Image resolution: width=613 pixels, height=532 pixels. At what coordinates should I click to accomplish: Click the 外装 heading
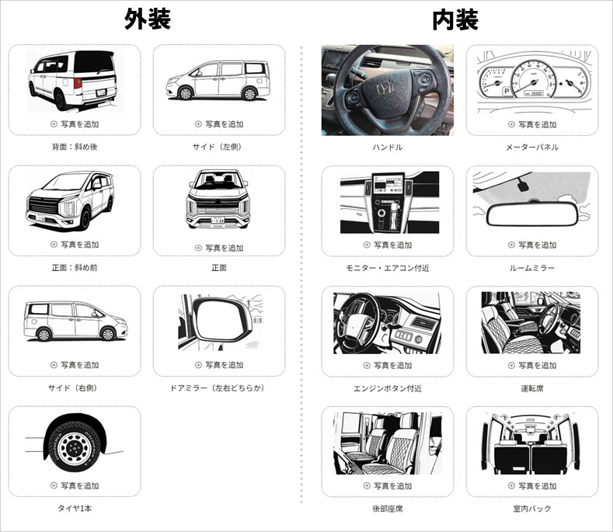click(x=148, y=19)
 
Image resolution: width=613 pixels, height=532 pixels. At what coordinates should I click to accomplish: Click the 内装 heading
click(x=455, y=19)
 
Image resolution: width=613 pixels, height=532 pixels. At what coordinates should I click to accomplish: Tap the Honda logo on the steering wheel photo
click(x=385, y=89)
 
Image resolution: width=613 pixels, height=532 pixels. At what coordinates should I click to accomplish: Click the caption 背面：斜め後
click(x=75, y=147)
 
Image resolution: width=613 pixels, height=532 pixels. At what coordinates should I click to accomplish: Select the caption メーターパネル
click(x=532, y=148)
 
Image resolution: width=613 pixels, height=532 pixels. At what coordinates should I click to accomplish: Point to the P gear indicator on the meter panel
click(x=507, y=92)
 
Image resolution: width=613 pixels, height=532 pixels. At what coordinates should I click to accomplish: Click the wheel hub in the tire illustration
click(x=74, y=449)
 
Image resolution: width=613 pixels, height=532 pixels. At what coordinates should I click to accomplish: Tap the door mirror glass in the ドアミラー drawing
click(x=220, y=320)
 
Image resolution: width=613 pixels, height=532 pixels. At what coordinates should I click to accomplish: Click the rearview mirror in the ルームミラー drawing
click(x=532, y=214)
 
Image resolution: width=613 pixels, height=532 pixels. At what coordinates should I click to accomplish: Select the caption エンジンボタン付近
click(x=388, y=388)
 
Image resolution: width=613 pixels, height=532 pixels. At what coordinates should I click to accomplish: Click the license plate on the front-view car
click(x=218, y=220)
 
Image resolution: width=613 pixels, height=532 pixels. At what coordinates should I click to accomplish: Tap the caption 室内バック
click(x=532, y=509)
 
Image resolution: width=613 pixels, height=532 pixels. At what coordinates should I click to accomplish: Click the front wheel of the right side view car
click(x=107, y=333)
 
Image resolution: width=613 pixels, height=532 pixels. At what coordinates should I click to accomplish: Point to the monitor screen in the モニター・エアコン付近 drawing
click(x=387, y=184)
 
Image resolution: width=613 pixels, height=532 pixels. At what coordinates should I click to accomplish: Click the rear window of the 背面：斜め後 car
click(x=93, y=63)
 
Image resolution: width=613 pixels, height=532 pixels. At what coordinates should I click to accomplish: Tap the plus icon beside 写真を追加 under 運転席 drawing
click(x=511, y=366)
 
